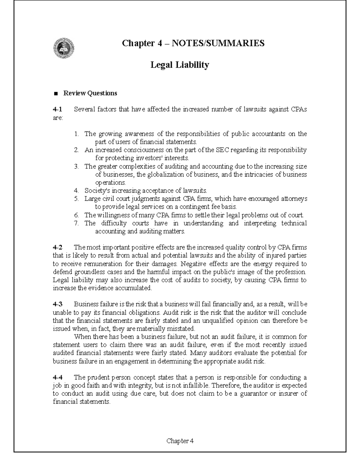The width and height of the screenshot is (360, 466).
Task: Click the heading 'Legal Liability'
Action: (x=179, y=65)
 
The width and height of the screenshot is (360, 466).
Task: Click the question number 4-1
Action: (x=57, y=110)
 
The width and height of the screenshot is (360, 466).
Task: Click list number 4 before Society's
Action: (x=76, y=191)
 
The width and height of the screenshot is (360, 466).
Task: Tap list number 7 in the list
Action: (x=76, y=223)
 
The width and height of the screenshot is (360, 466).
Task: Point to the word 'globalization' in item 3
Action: (x=166, y=175)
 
